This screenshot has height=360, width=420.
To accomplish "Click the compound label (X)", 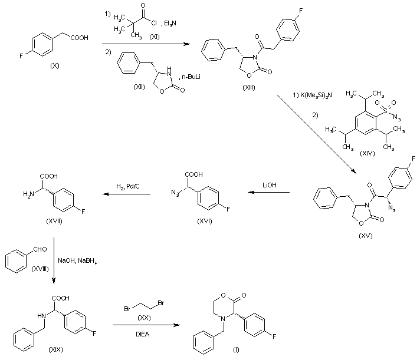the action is (x=55, y=65).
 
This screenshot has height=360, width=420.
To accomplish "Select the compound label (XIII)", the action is (x=249, y=87).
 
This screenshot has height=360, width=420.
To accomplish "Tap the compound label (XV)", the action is (x=365, y=236).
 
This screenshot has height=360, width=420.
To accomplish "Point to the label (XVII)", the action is (x=54, y=221).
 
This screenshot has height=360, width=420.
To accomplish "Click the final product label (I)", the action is (x=236, y=349).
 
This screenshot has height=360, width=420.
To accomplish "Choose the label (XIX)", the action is (x=55, y=349).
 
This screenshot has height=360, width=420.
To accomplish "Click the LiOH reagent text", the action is (x=269, y=185).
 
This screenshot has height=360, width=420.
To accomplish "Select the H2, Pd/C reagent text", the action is (x=128, y=186).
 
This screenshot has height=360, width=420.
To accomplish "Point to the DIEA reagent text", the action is (x=143, y=334).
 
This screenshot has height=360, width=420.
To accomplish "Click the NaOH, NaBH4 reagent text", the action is (x=77, y=261).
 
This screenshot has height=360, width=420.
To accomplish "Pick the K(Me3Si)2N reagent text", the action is (x=312, y=95).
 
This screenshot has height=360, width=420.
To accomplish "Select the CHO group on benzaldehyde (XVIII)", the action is (x=40, y=249).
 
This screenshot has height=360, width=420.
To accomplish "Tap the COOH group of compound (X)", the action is (x=80, y=38).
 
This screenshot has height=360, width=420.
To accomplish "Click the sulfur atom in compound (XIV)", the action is (x=385, y=110).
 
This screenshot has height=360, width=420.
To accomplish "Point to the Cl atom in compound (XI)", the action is (x=154, y=23).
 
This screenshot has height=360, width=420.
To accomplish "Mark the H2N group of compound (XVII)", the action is (x=29, y=194).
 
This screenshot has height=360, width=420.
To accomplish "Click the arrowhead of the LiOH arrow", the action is (x=251, y=192).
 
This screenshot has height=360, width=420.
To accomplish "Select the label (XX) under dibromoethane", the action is (x=144, y=318).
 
